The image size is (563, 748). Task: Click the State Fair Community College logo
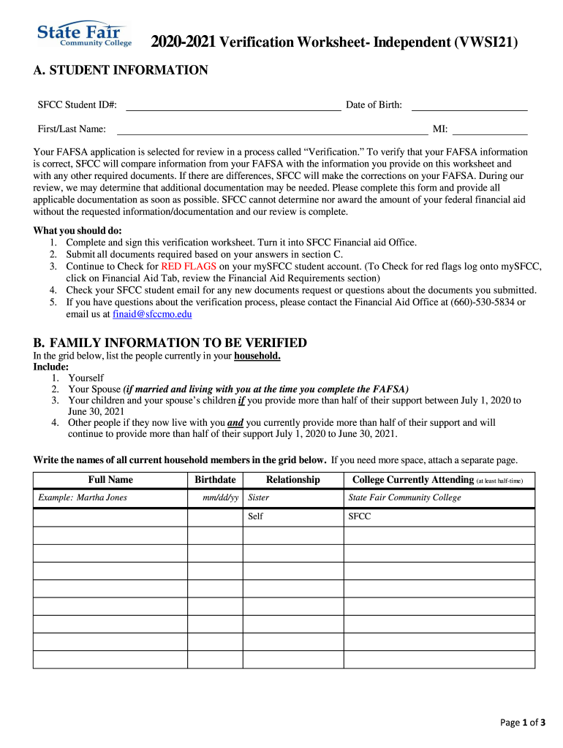coord(85,34)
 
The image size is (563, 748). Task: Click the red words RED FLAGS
coord(189,267)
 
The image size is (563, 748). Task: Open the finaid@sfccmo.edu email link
coord(152,314)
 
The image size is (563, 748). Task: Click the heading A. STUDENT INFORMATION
coord(121,70)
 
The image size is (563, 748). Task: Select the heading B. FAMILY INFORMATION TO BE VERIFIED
coord(170,343)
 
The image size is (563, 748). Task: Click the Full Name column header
coord(110,480)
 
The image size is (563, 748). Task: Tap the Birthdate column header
coord(215,480)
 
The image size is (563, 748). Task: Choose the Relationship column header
coord(292,480)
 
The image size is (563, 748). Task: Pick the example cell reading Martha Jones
coord(83,498)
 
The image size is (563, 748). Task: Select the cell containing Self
coord(256,516)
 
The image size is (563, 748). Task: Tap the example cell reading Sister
coord(259,498)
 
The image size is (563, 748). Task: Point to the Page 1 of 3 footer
coord(522,723)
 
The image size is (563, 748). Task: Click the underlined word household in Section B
coord(257,356)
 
